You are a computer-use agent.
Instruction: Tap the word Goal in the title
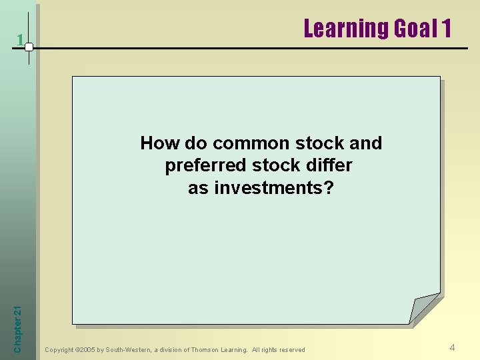click(415, 29)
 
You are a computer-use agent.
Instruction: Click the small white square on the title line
click(29, 47)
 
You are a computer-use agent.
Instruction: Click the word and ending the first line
click(365, 143)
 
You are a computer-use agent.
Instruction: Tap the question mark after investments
click(328, 188)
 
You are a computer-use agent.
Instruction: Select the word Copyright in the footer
click(59, 350)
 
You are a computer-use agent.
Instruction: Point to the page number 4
click(452, 347)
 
